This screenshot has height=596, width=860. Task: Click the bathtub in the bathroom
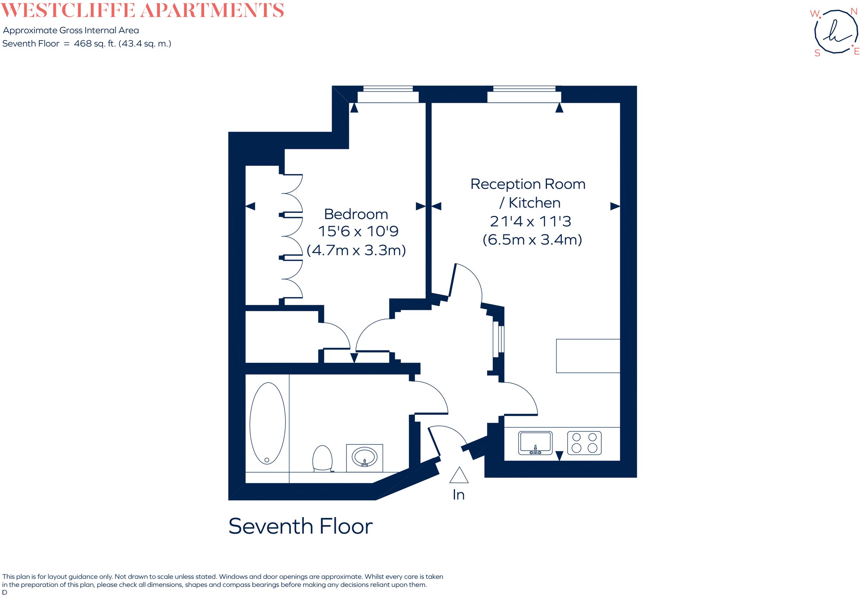[x=267, y=423]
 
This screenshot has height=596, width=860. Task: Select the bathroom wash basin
[x=365, y=457]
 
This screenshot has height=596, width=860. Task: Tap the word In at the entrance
[x=458, y=495]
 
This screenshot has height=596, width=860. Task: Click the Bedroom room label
[x=356, y=214]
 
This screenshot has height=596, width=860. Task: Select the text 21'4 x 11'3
[x=530, y=221]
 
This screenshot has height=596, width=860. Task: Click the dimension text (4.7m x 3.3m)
[x=356, y=250]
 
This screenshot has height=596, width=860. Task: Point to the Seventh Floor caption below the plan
[x=300, y=527]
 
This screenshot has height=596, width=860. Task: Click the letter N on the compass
[x=854, y=11]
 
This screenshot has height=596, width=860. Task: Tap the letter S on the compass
[x=817, y=53]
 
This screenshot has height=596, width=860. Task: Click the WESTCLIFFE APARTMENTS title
[x=142, y=10]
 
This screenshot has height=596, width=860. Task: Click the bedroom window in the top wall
[x=388, y=94]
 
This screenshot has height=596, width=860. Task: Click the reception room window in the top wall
[x=524, y=94]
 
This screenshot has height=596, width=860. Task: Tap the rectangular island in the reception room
[x=588, y=356]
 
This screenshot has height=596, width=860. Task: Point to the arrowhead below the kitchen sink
[x=559, y=456]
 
